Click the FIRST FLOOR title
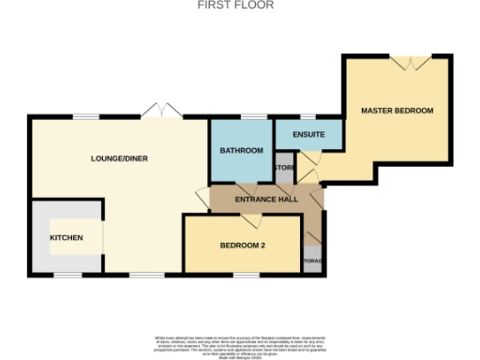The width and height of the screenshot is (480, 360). coord(222,5)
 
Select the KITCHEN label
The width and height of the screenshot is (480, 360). coord(67,238)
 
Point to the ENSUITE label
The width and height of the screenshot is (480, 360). coord(308,135)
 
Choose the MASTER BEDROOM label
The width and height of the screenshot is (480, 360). coord(397,111)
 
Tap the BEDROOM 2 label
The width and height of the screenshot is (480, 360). coord(243,246)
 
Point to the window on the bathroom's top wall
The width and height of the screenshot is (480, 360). coord(251,117)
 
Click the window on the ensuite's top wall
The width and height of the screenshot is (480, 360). coord(307,117)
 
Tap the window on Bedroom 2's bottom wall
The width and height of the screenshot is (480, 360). coord(247,275)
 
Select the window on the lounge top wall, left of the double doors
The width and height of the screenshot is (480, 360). coord(86,116)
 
